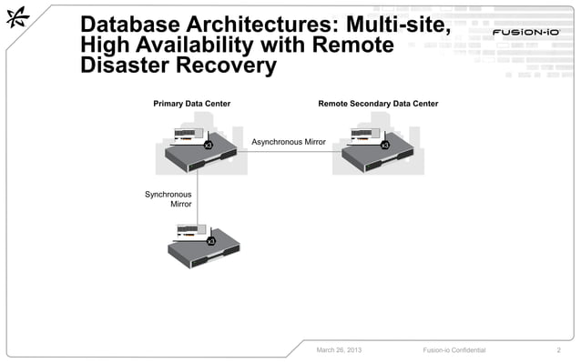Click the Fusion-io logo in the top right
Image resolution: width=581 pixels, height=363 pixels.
pyautogui.click(x=525, y=34)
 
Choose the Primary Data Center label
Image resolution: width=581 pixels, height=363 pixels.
pyautogui.click(x=191, y=104)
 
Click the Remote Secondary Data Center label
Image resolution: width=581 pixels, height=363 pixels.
pyautogui.click(x=378, y=104)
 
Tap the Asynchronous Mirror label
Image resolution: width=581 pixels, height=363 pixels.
pyautogui.click(x=289, y=142)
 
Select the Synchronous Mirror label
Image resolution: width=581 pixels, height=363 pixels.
pyautogui.click(x=168, y=199)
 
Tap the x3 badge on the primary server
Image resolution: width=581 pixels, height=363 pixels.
pyautogui.click(x=208, y=145)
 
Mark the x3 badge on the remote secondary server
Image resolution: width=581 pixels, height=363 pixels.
pyautogui.click(x=385, y=145)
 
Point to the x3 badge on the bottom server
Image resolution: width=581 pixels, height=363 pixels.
pyautogui.click(x=211, y=240)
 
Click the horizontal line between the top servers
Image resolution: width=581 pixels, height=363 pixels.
pyautogui.click(x=291, y=152)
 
